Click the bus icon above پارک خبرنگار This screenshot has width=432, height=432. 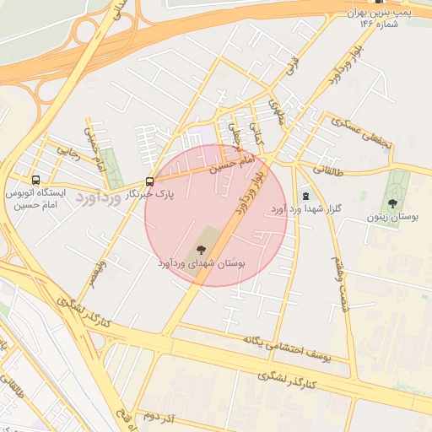[149, 181]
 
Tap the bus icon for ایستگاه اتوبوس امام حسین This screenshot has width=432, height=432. [35, 180]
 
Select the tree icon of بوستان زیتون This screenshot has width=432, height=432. [392, 202]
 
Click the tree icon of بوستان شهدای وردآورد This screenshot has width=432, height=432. [201, 249]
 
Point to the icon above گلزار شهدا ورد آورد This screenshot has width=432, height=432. [305, 196]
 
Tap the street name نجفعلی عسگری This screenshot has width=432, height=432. [361, 132]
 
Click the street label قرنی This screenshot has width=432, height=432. [294, 65]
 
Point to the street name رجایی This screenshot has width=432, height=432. [68, 151]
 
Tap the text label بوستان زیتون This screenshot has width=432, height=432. [392, 217]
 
